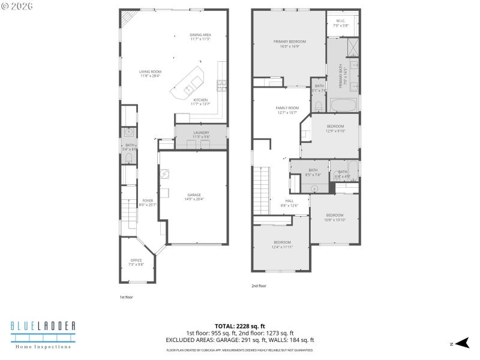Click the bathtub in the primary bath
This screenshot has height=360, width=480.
[343, 106]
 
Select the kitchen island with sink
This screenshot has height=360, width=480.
[188, 84]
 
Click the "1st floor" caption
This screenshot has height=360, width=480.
[126, 296]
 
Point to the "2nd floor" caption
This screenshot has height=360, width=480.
[259, 286]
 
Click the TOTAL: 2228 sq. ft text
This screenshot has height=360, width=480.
[239, 326]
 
